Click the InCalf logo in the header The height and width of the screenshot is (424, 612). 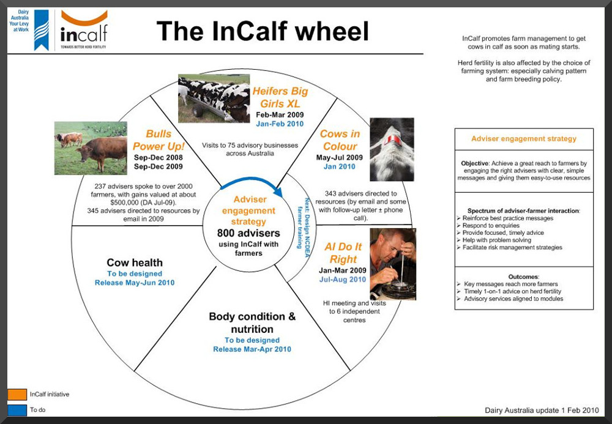coord(84,29)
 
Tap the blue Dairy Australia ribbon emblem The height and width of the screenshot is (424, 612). coord(42,30)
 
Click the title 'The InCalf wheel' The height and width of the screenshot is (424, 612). coord(263,31)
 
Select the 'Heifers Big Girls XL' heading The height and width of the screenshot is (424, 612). coord(280,97)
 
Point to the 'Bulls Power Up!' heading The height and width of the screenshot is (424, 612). coord(158,139)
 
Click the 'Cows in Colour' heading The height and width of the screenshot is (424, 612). coord(340,139)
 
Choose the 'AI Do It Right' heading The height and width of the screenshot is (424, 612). coord(343,253)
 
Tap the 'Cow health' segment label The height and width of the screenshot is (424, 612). coord(135,262)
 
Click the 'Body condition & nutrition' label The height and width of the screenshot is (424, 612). coord(252,322)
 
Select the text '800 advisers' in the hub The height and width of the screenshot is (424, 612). coord(248,233)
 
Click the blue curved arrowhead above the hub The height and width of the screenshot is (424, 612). coord(278,192)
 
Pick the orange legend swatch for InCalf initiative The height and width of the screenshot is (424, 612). coord(17,395)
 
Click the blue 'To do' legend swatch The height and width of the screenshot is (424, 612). coord(17,410)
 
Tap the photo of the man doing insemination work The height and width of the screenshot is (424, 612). coord(393,264)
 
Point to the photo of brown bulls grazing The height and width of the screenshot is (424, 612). coord(91,148)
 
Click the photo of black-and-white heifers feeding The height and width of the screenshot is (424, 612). coord(214,99)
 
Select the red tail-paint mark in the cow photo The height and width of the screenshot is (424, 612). coord(392,139)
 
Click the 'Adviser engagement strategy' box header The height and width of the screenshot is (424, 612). coord(524,139)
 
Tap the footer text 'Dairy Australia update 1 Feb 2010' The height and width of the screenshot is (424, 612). coord(542,410)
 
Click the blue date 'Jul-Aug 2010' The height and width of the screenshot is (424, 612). coord(343,279)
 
